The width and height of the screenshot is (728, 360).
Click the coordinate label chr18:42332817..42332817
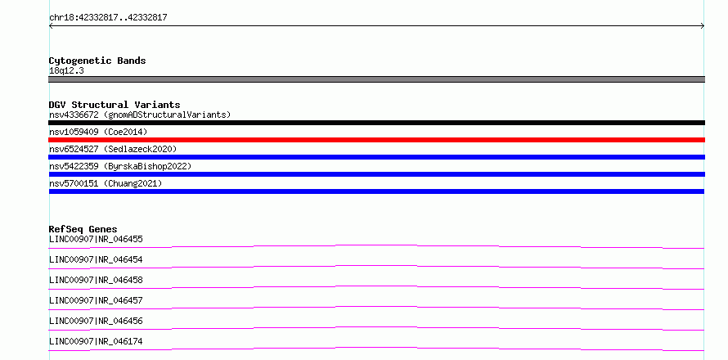click(x=108, y=18)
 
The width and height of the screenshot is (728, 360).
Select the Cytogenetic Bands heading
click(x=97, y=61)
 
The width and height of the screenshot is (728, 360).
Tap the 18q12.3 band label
click(x=66, y=71)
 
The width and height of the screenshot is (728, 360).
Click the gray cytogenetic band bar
click(x=376, y=79)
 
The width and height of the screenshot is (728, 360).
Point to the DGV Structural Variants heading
click(x=115, y=105)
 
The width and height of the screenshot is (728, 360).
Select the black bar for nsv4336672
click(x=376, y=123)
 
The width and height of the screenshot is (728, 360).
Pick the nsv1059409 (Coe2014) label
click(x=98, y=132)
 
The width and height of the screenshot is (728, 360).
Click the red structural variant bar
click(x=376, y=140)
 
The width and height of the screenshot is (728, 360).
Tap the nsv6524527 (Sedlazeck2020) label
click(x=113, y=149)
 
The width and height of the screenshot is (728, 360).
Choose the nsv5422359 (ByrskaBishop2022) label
click(x=120, y=166)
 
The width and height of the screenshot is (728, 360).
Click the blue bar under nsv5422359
click(x=376, y=174)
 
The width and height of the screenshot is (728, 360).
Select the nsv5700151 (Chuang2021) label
click(x=106, y=183)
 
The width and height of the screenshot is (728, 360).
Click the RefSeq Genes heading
click(x=83, y=229)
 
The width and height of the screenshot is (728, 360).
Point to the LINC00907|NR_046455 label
click(x=96, y=239)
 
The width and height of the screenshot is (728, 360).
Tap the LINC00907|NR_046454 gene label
click(x=96, y=259)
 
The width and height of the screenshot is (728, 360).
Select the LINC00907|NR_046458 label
click(x=96, y=280)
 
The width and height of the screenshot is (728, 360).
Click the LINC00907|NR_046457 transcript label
click(x=96, y=300)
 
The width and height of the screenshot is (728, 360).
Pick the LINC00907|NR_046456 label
click(x=96, y=321)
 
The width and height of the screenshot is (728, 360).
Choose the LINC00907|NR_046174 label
click(x=96, y=341)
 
